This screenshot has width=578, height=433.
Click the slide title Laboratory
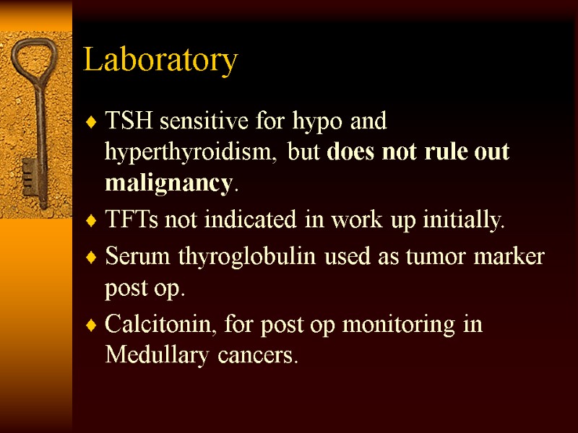160,60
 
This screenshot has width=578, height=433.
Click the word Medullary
149,356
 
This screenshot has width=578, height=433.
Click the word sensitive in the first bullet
210,121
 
